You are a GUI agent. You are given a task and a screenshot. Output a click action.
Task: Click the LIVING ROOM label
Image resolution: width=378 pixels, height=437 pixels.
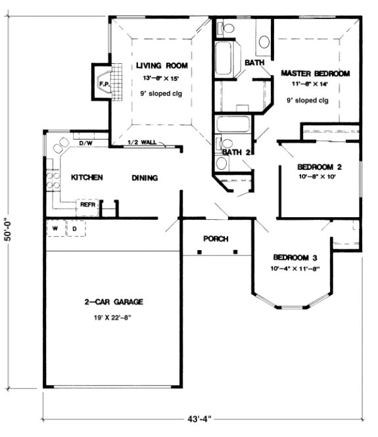(x=162, y=65)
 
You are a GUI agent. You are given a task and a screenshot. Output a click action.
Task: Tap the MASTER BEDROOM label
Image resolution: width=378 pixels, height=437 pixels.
(x=315, y=73)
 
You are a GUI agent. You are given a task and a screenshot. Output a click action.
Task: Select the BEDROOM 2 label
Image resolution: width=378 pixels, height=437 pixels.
(x=319, y=166)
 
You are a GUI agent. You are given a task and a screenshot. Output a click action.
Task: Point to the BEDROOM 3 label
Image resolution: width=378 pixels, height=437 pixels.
(x=295, y=257)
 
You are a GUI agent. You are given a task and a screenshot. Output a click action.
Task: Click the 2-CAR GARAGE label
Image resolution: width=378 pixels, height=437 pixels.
(x=114, y=302)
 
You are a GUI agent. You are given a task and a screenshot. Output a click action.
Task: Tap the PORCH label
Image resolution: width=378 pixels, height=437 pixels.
(x=216, y=238)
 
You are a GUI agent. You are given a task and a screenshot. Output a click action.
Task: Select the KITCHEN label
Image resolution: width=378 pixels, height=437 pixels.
(x=87, y=178)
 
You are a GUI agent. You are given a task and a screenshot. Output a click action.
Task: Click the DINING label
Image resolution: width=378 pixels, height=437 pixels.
(x=145, y=178)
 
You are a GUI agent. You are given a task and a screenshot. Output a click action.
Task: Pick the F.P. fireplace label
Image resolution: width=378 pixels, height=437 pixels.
(x=103, y=84)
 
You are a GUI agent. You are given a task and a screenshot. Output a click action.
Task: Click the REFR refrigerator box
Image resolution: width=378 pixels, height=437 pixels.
(x=88, y=205)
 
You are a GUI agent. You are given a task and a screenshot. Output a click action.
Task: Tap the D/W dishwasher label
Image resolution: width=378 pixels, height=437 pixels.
(x=85, y=143)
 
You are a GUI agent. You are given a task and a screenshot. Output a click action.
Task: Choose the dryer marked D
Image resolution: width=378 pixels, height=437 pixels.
(x=75, y=228)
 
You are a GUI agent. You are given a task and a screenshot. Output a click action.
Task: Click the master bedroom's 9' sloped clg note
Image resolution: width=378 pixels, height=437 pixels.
(x=307, y=100)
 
